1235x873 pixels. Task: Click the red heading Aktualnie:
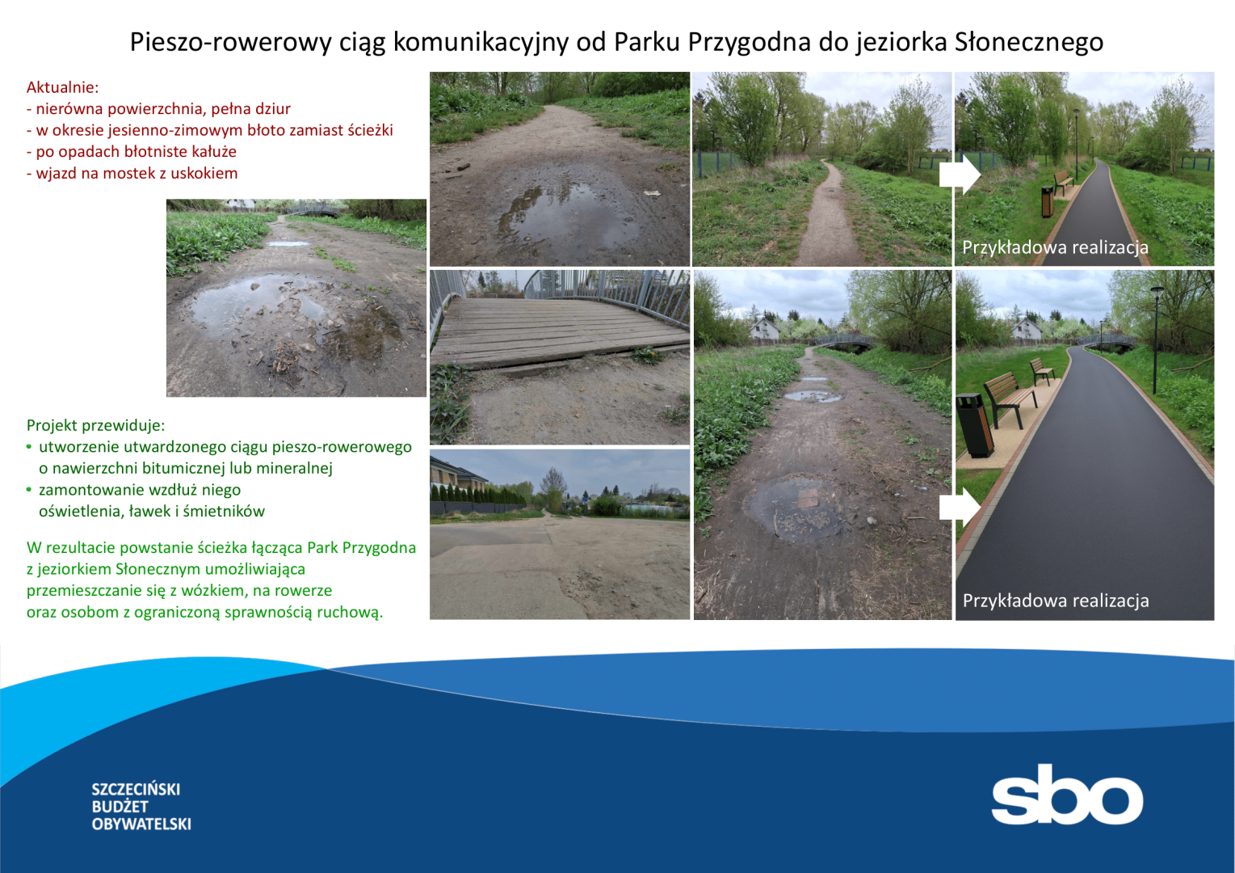click(63, 87)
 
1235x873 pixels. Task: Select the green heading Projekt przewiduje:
click(95, 425)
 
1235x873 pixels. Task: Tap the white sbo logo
click(1067, 794)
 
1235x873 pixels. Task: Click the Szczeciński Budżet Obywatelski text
click(141, 806)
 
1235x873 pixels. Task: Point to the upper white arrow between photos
click(960, 175)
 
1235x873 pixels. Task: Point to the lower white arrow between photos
click(960, 508)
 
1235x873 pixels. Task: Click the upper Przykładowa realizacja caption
click(1055, 247)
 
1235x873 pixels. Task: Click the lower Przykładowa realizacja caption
click(1056, 601)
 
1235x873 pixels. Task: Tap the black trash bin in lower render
click(975, 425)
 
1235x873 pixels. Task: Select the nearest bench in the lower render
click(1010, 399)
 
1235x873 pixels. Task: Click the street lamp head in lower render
click(1157, 289)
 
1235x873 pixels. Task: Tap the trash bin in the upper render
click(1047, 201)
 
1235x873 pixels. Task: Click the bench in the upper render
click(1064, 182)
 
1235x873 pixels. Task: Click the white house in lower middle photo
click(764, 329)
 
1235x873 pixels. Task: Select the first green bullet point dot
click(29, 446)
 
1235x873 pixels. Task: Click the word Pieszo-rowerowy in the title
click(231, 43)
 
